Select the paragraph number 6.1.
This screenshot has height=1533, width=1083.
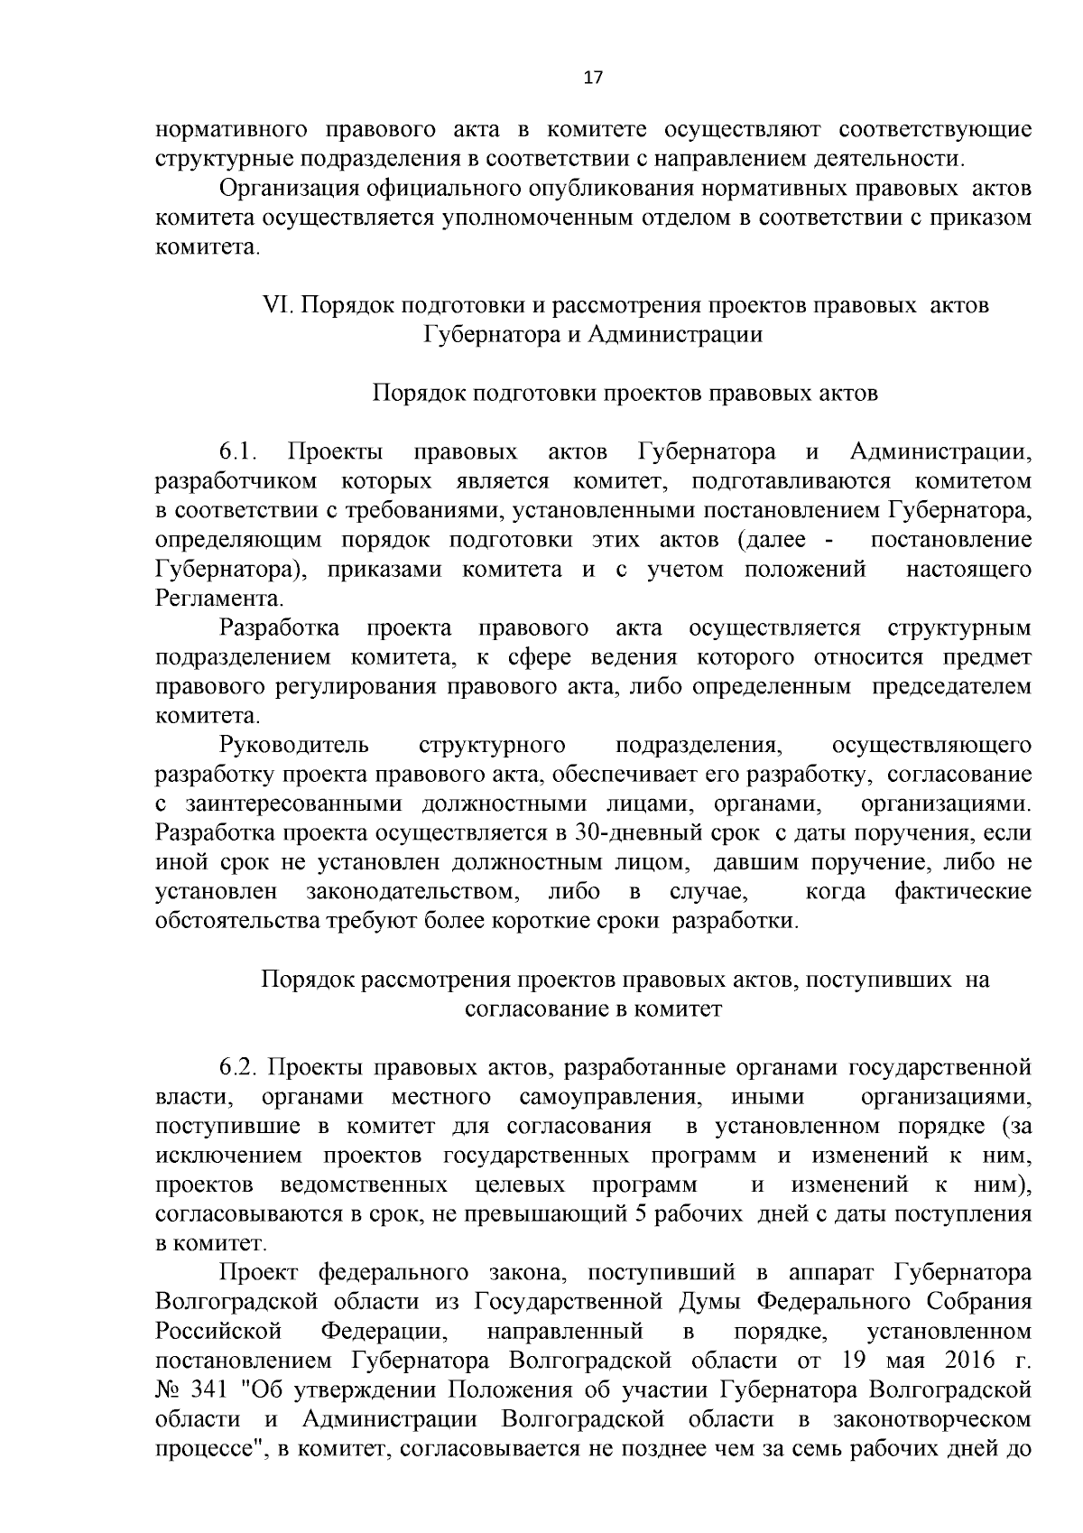pos(239,451)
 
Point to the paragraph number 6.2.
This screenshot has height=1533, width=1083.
pos(239,1067)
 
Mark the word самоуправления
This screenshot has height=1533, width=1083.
pos(610,1097)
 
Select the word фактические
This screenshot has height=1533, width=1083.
pos(962,892)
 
